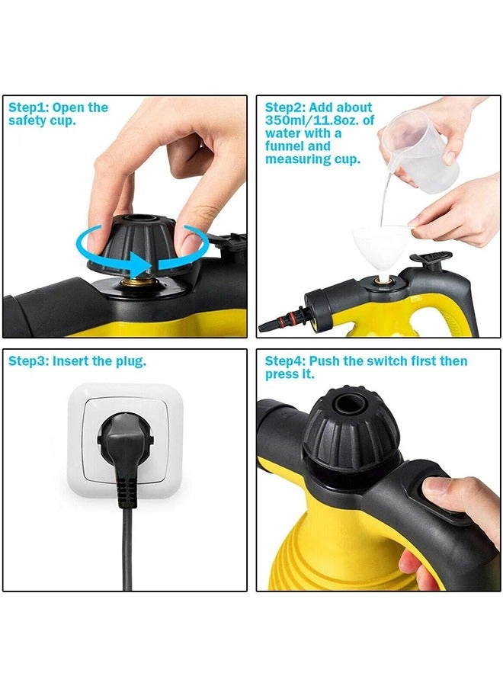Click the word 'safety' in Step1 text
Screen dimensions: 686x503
point(28,120)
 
